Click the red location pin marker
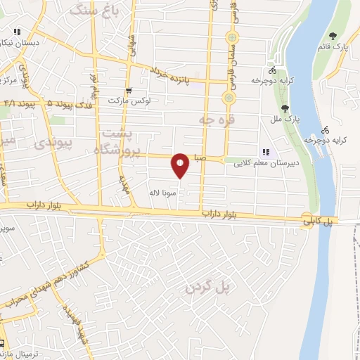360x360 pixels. click(x=181, y=165)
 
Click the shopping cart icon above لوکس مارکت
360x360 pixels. click(x=128, y=90)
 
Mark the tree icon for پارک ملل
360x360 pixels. click(x=285, y=108)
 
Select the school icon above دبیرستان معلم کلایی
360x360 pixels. click(x=266, y=152)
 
